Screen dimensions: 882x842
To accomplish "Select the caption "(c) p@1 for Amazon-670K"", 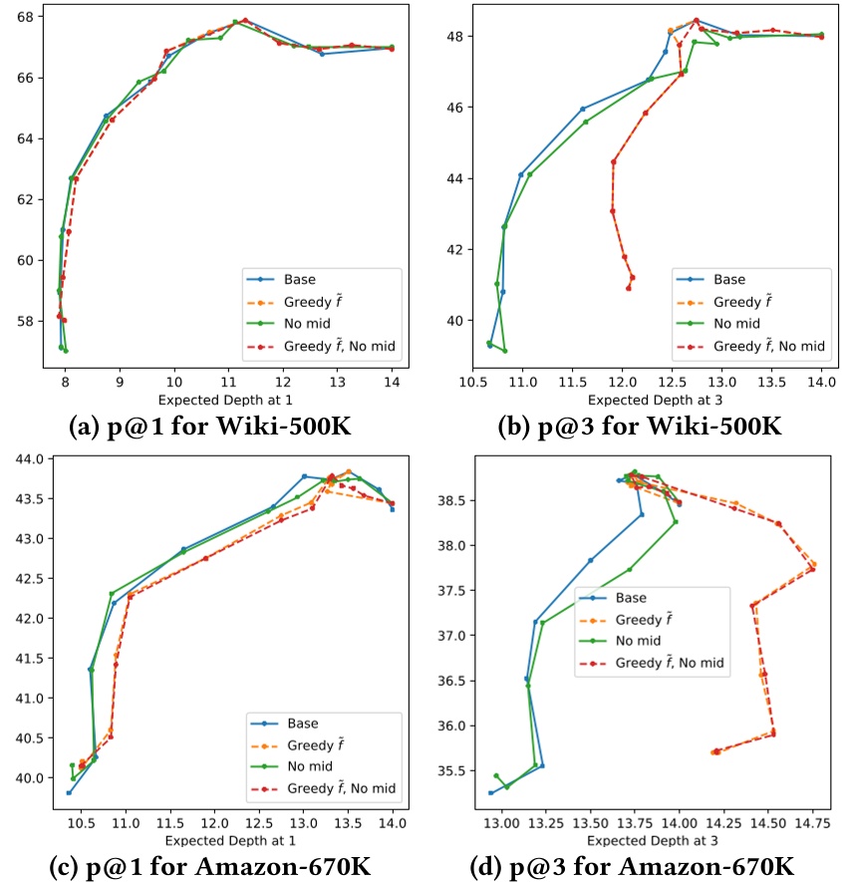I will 210,867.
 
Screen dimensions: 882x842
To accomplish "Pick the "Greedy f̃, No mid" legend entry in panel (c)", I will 340,788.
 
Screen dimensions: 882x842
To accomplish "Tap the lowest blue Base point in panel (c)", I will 69,792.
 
